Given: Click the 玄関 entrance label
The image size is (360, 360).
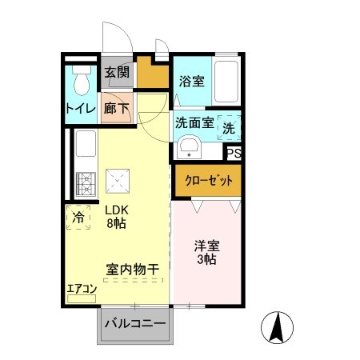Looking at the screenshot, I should click(x=117, y=74).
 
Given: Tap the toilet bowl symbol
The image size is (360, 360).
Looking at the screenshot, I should click(x=80, y=80).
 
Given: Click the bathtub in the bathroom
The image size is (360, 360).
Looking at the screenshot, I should click(x=227, y=82).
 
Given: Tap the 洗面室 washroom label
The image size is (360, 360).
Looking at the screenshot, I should click(x=194, y=124).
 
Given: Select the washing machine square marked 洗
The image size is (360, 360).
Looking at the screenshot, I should click(x=229, y=126).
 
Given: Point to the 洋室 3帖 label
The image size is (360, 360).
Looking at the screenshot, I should click(x=206, y=252).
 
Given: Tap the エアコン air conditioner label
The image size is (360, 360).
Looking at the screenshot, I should click(x=81, y=289).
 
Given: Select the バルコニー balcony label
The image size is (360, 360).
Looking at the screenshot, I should click(x=135, y=324).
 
